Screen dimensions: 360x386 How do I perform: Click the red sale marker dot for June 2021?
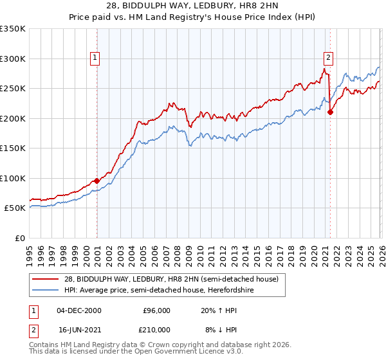click(330, 112)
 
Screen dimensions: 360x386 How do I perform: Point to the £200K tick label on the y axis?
click(13, 118)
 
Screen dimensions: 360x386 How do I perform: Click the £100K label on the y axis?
click(13, 178)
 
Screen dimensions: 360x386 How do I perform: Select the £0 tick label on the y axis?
click(19, 238)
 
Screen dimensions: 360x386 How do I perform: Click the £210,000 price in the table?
click(156, 330)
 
